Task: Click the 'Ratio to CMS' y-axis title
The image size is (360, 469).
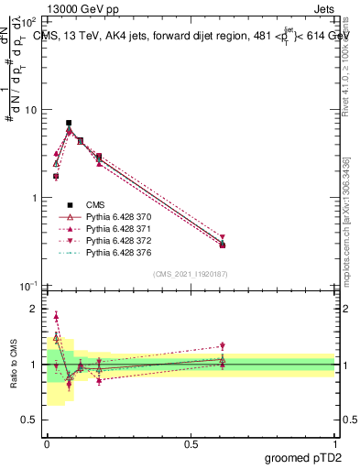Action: coord(13,365)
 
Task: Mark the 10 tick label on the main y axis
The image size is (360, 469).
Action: coord(30,110)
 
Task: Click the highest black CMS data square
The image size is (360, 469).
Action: coord(69,123)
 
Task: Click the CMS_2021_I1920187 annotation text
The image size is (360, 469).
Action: coord(190,273)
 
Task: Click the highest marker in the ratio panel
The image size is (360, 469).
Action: coord(56,317)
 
